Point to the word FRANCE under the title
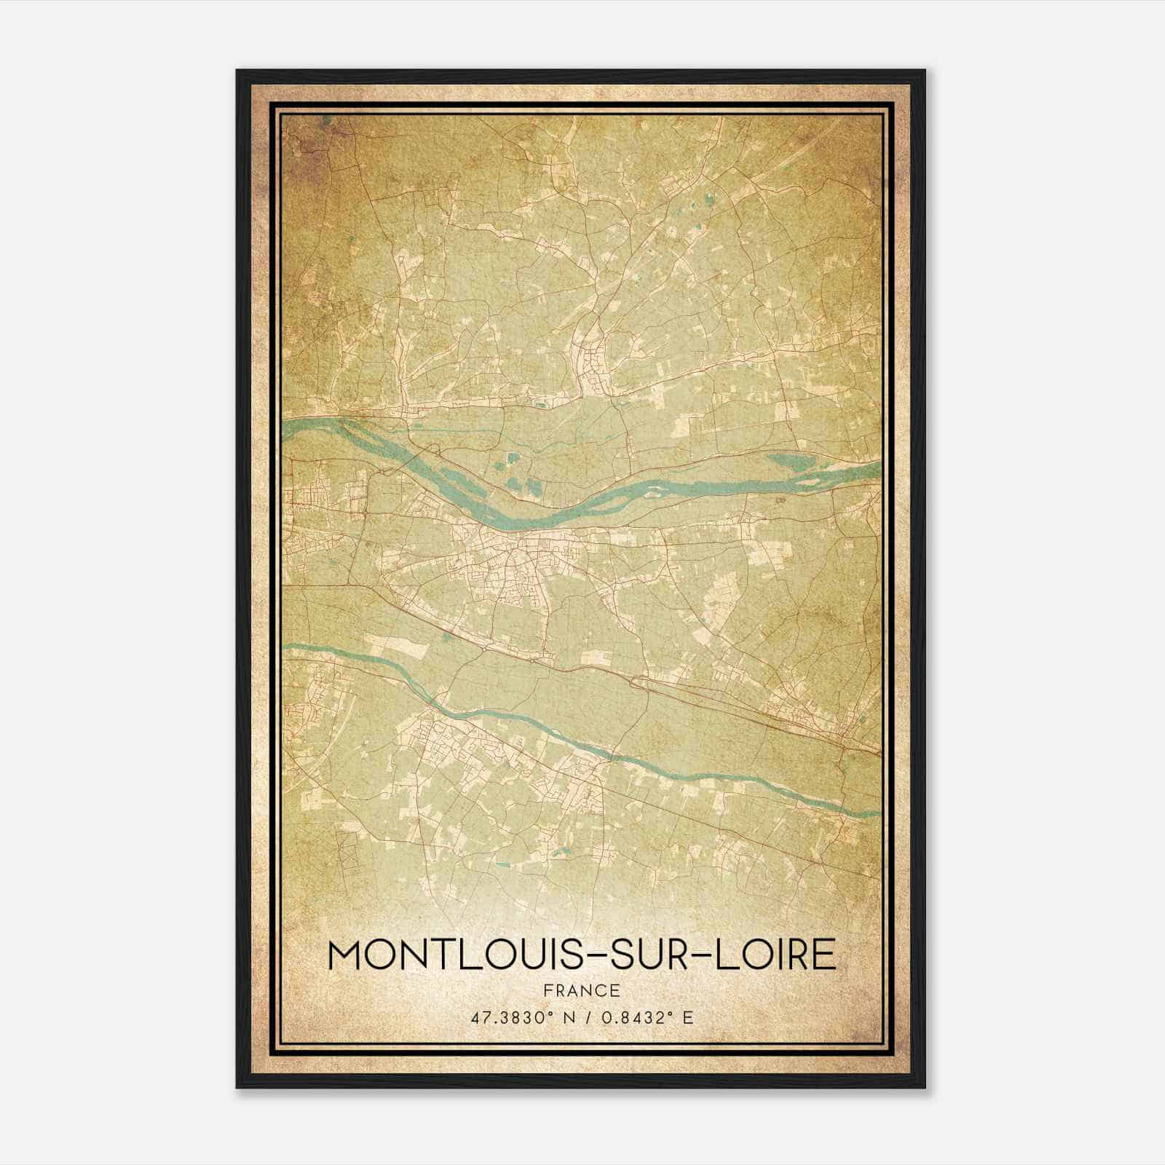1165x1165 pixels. tap(582, 990)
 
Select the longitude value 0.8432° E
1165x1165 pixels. tap(644, 1017)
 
